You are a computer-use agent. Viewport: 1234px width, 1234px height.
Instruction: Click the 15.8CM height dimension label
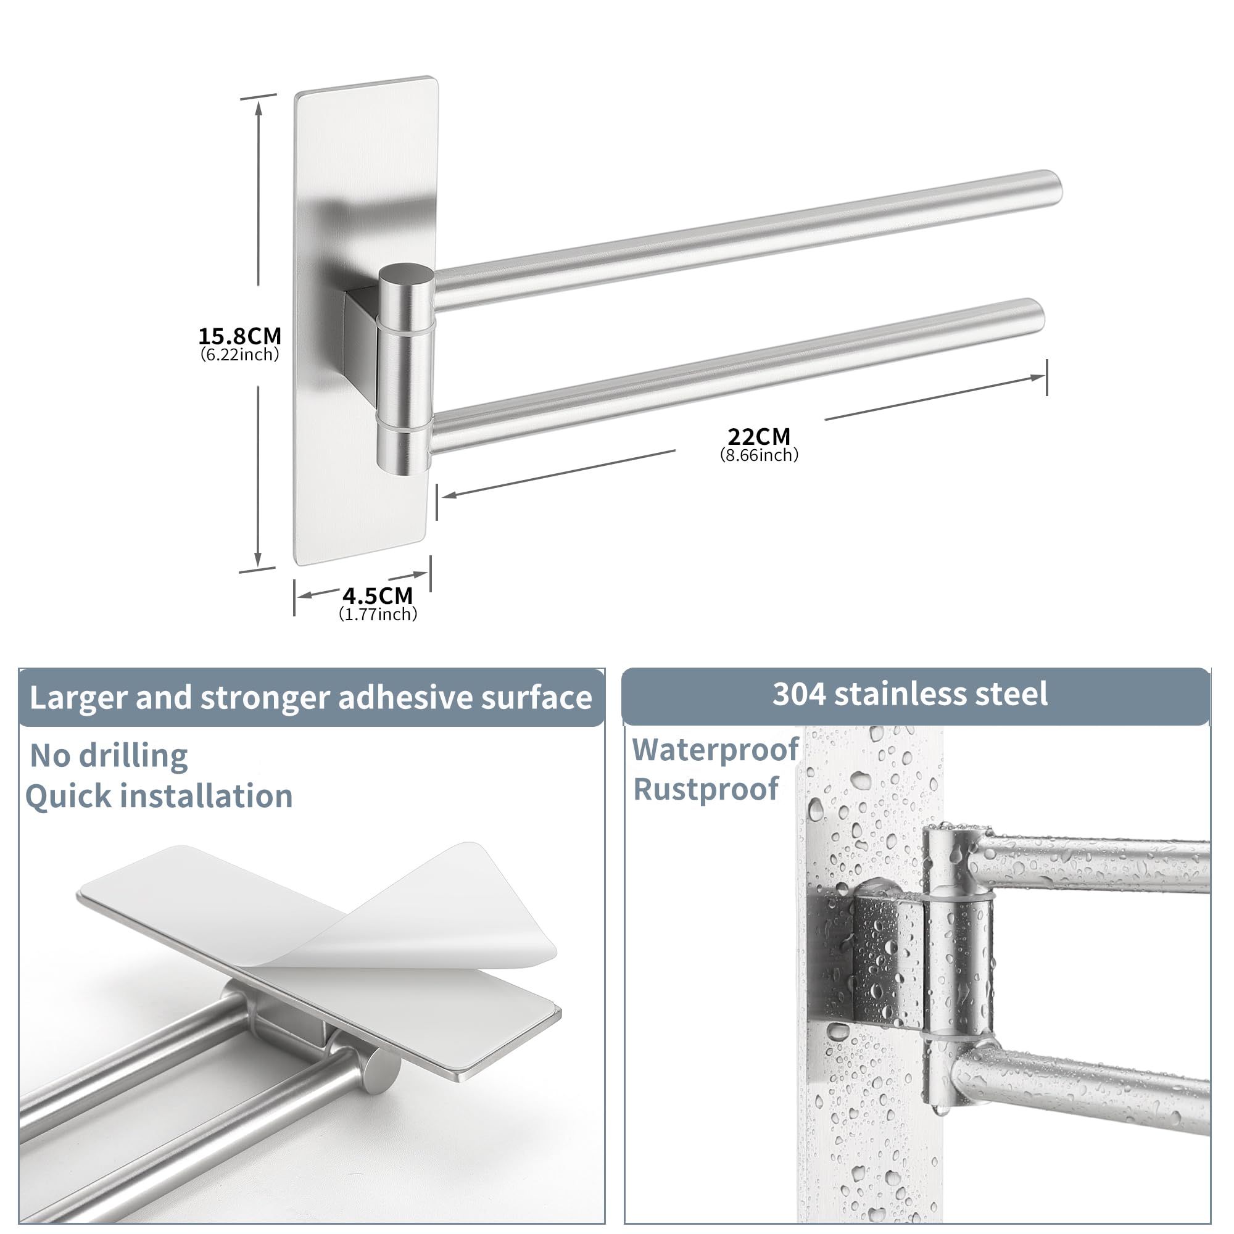click(x=239, y=336)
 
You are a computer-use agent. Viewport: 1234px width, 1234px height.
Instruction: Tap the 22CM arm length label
click(x=759, y=437)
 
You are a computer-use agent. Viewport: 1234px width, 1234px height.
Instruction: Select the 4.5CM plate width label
click(x=378, y=596)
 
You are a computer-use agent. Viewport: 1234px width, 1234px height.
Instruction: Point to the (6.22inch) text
click(x=239, y=355)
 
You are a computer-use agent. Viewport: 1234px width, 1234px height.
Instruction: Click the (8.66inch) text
click(x=759, y=455)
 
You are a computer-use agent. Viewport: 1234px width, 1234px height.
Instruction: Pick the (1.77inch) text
click(x=378, y=615)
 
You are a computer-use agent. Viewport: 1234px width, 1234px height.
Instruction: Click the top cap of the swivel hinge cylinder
click(x=406, y=275)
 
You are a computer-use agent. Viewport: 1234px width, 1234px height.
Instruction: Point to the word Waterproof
click(x=715, y=750)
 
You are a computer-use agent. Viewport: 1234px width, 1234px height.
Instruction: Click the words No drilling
click(x=109, y=756)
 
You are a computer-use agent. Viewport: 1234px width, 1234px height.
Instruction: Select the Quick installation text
click(x=159, y=797)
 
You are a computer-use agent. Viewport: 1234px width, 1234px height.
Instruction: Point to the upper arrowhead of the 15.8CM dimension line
click(x=259, y=109)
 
